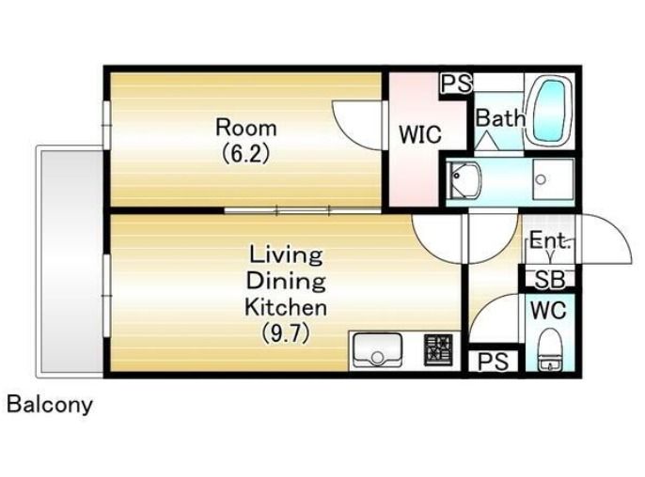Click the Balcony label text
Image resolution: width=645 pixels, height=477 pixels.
pyautogui.click(x=50, y=405)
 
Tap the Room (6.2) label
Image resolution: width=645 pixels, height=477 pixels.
pyautogui.click(x=246, y=141)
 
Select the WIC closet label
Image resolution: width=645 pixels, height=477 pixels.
pyautogui.click(x=420, y=134)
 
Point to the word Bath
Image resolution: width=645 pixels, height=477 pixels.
pyautogui.click(x=500, y=118)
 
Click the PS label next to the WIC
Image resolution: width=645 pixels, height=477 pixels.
pyautogui.click(x=456, y=84)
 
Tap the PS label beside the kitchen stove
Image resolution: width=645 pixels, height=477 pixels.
pyautogui.click(x=494, y=362)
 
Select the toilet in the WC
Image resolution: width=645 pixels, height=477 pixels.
pyautogui.click(x=549, y=350)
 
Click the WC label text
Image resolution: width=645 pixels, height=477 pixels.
pyautogui.click(x=548, y=310)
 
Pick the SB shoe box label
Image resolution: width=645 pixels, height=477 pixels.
pyautogui.click(x=549, y=280)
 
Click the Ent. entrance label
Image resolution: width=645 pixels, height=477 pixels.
pyautogui.click(x=549, y=240)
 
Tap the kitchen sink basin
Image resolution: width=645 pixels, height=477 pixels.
pyautogui.click(x=378, y=349)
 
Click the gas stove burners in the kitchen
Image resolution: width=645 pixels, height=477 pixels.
pyautogui.click(x=438, y=350)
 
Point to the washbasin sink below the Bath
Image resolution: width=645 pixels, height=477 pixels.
pyautogui.click(x=464, y=179)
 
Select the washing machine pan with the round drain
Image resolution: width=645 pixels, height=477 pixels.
pyautogui.click(x=553, y=179)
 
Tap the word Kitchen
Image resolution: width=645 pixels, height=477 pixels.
pyautogui.click(x=286, y=307)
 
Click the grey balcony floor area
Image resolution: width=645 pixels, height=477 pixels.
pyautogui.click(x=71, y=262)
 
